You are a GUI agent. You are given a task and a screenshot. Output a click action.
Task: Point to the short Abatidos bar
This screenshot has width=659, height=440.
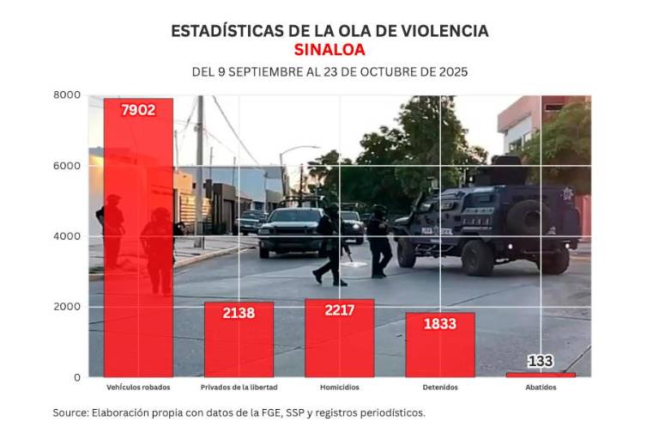point(541,375)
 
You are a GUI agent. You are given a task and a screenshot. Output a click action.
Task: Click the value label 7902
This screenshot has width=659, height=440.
point(138,110)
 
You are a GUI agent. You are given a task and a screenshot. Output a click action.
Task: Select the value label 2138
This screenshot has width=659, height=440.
point(239,313)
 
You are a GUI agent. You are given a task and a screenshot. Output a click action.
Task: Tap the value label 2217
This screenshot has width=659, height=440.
point(339,310)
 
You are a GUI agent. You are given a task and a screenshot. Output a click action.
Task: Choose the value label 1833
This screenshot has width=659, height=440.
point(439,323)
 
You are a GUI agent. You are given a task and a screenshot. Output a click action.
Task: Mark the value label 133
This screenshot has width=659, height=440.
point(541,361)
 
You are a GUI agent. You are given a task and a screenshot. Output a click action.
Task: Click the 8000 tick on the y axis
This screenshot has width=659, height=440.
point(69,95)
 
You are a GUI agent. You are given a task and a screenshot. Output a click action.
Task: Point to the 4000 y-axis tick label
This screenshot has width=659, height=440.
point(69,235)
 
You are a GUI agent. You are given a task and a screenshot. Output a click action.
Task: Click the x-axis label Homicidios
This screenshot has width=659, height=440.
point(339,388)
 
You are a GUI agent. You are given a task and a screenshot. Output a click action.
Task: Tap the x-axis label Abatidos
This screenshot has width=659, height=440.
point(541,388)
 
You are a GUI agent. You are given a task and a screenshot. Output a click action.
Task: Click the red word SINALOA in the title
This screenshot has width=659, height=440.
point(329,50)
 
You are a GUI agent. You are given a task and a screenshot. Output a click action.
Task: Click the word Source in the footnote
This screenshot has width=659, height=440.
point(70,412)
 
